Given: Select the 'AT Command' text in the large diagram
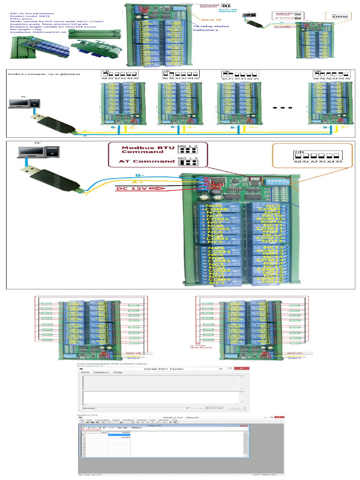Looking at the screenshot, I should pyautogui.click(x=141, y=161).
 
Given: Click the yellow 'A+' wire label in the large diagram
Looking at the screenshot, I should pyautogui.click(x=138, y=181).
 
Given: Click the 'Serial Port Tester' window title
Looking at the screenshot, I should pyautogui.click(x=164, y=369).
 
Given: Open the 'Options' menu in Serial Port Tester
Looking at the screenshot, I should pyautogui.click(x=100, y=373).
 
